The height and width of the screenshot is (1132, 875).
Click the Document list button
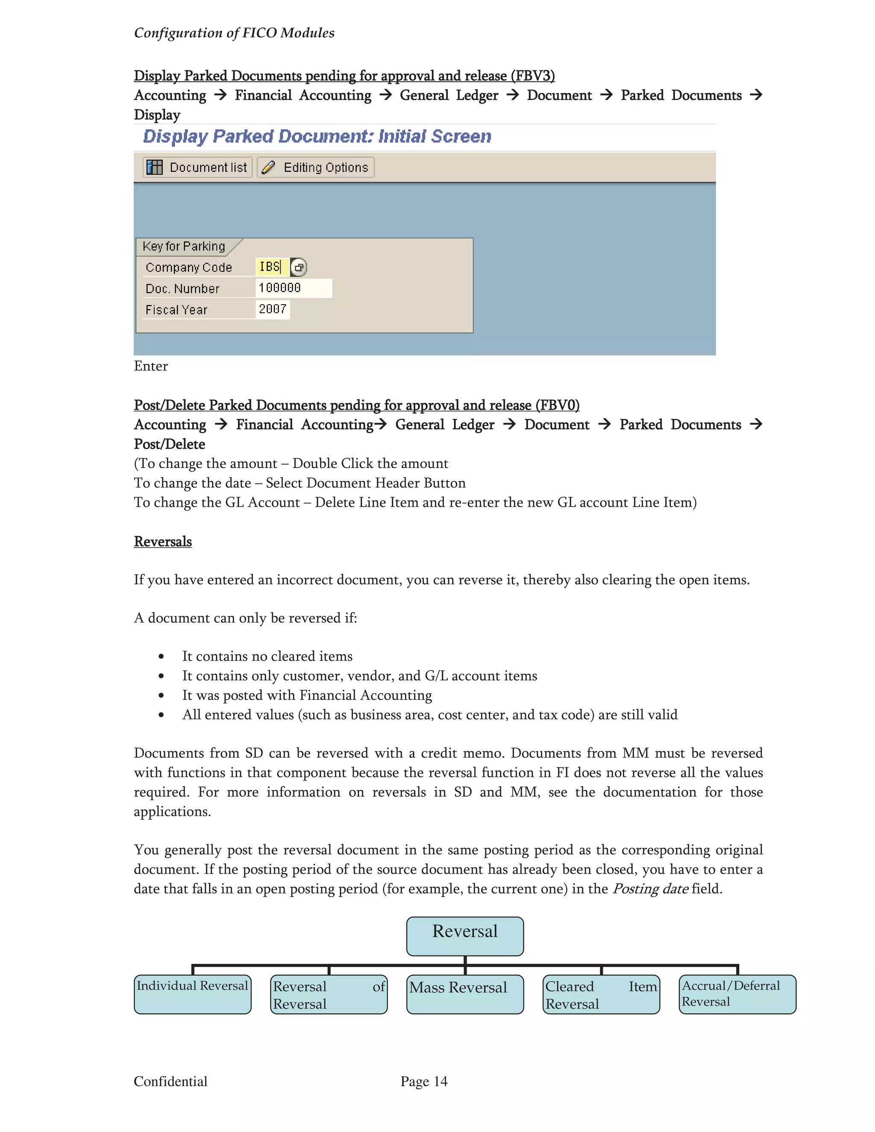[197, 167]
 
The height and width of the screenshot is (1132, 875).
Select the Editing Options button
[316, 167]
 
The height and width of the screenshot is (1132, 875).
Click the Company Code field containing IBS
[271, 267]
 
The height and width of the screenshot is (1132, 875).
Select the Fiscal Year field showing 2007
[273, 309]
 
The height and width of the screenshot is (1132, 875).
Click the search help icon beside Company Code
[299, 267]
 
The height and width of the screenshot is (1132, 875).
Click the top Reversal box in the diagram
[464, 936]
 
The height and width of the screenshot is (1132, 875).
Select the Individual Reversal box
[192, 994]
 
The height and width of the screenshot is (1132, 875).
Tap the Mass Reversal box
[464, 994]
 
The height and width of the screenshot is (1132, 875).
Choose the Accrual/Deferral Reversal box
[737, 994]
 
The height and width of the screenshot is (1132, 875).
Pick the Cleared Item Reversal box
[601, 994]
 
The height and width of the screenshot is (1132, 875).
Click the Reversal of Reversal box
[329, 994]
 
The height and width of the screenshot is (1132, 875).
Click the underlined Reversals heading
[163, 541]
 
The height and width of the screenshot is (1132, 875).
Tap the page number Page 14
[423, 1081]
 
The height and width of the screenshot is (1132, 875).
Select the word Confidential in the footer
[170, 1081]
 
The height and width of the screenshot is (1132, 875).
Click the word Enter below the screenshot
[151, 366]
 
